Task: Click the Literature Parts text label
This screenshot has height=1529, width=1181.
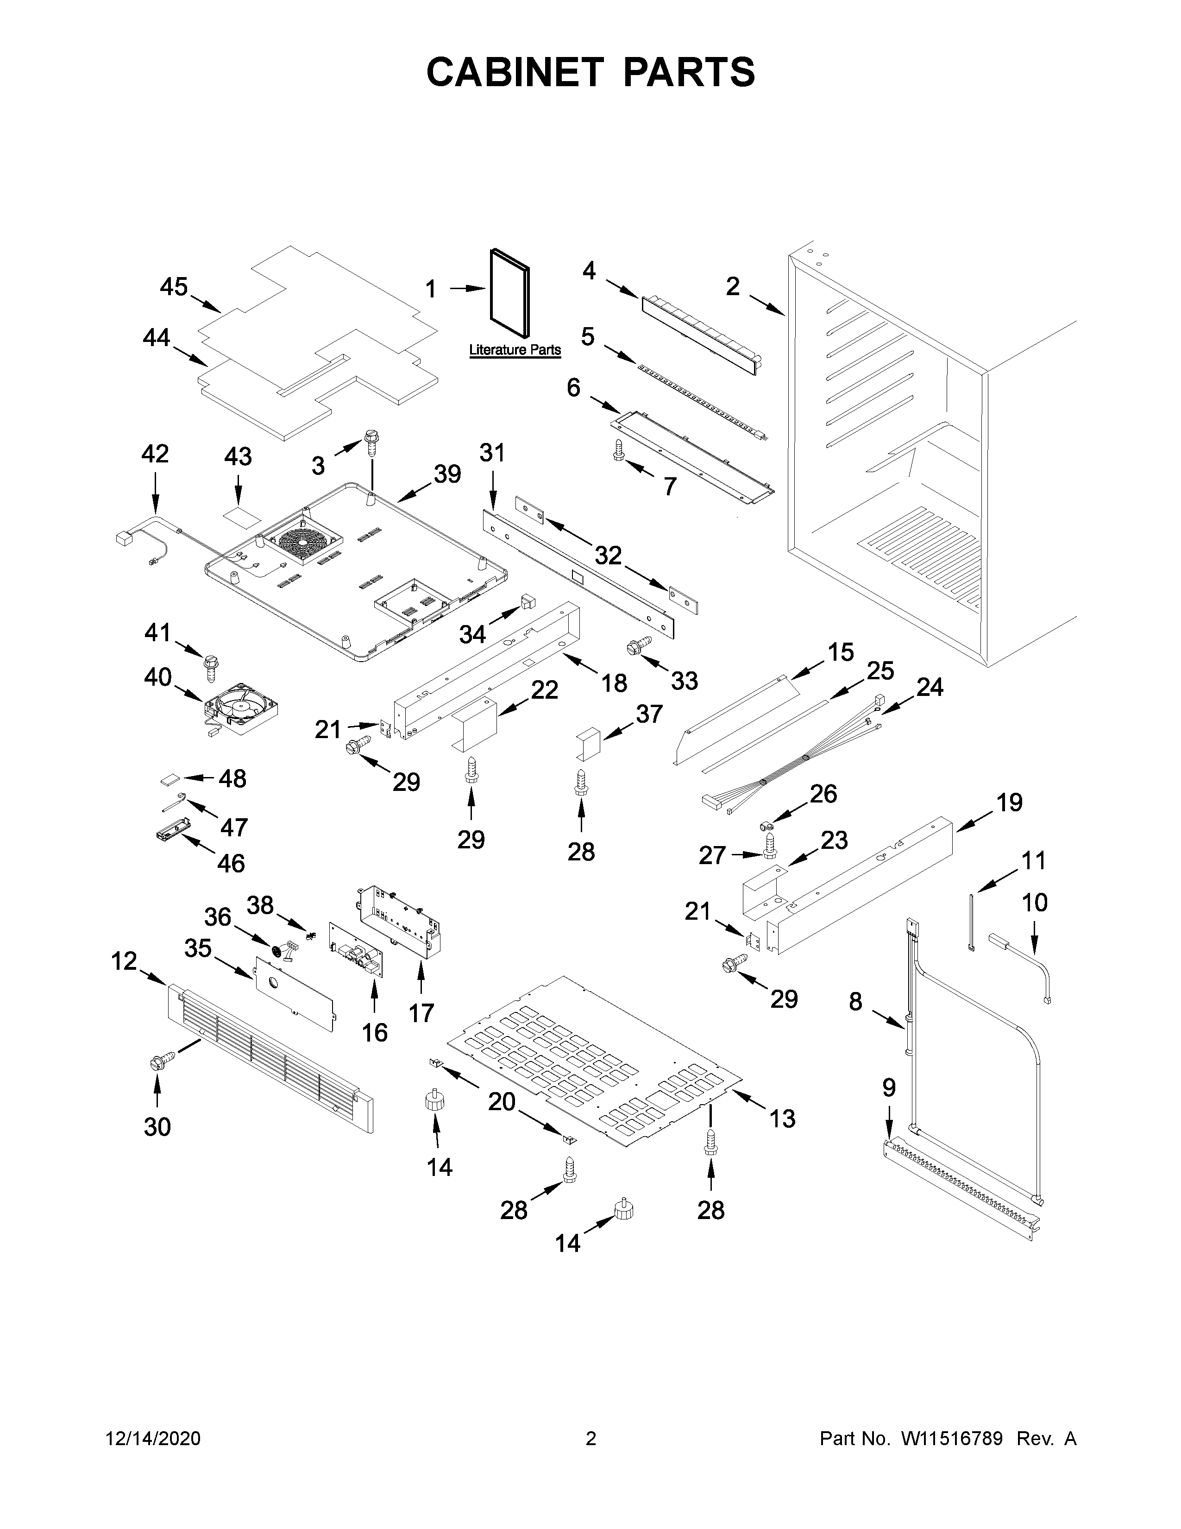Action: [x=515, y=349]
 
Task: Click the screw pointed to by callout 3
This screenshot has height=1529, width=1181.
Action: [x=371, y=442]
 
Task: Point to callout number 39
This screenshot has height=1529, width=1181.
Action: [x=447, y=474]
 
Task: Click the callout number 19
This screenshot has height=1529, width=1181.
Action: [x=1009, y=802]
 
